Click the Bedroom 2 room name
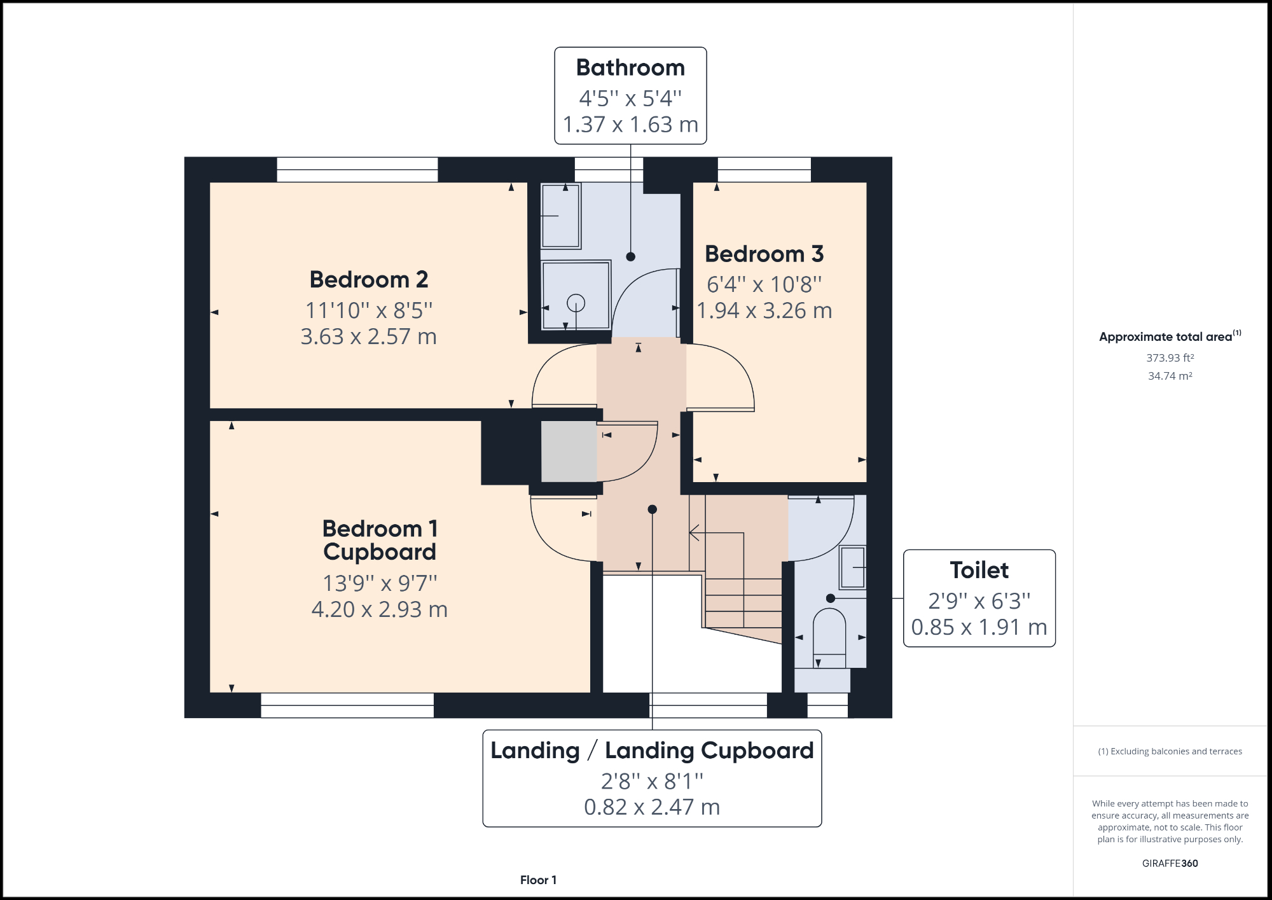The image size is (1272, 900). pos(369,280)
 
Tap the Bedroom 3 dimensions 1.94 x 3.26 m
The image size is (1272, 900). pos(764,310)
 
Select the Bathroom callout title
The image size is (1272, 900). pos(630,67)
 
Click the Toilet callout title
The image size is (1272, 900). pos(979,570)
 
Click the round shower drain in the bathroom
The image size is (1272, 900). pos(576,303)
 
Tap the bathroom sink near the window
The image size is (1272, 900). pos(560,216)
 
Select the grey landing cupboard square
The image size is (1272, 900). pos(569,451)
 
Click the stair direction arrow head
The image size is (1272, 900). pos(694,532)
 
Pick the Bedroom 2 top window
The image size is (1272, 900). pos(357,169)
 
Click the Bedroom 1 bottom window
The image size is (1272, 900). pos(347,705)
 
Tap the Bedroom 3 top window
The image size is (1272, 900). pos(764,169)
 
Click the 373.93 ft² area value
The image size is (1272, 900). pos(1170,358)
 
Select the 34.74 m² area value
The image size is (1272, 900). pos(1170,376)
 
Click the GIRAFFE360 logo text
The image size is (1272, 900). pos(1170,863)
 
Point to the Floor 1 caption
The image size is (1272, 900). pos(538,880)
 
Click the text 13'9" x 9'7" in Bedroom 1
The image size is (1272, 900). pos(380,583)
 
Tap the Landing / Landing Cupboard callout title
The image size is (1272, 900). pos(652,751)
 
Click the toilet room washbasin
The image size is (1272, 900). pos(852,567)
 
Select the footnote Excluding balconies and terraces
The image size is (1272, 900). pos(1170,751)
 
